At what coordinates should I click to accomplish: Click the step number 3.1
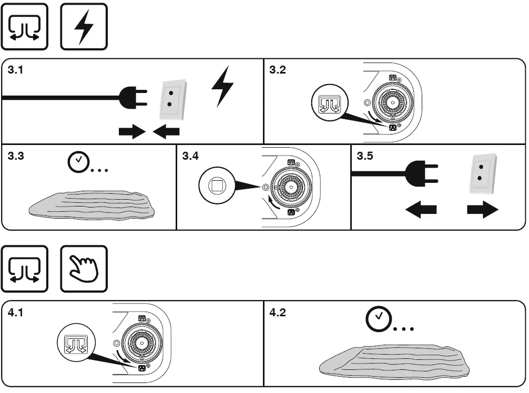16,70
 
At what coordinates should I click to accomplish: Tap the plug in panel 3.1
131,97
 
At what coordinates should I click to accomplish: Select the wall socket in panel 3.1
171,100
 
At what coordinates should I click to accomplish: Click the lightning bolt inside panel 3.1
222,87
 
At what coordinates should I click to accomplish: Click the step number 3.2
278,70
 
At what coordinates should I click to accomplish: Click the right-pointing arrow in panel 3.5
482,211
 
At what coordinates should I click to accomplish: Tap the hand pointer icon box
84,269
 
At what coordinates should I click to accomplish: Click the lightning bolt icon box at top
84,27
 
